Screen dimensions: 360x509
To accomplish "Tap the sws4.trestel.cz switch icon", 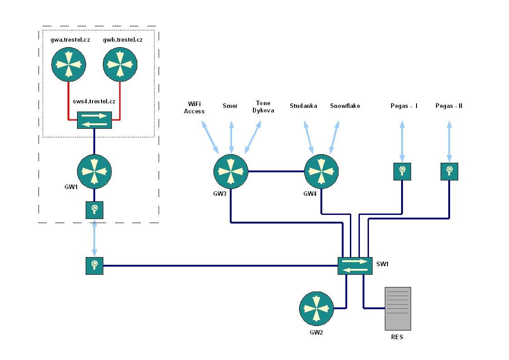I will pyautogui.click(x=94, y=120).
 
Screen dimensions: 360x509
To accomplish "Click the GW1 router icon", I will pyautogui.click(x=94, y=171).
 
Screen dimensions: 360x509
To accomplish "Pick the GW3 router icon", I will pyautogui.click(x=231, y=171).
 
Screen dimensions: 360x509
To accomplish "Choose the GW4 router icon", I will pyautogui.click(x=321, y=171).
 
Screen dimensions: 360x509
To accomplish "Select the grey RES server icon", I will pyautogui.click(x=398, y=309).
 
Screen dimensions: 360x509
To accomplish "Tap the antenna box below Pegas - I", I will pyautogui.click(x=402, y=172).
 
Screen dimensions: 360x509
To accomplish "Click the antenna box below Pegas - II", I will pyautogui.click(x=449, y=172).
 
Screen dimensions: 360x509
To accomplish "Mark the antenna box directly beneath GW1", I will pyautogui.click(x=94, y=210).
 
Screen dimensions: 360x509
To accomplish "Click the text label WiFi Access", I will pyautogui.click(x=194, y=108).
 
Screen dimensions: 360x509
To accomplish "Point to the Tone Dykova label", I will pyautogui.click(x=263, y=107).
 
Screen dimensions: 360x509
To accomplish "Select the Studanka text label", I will pyautogui.click(x=303, y=106).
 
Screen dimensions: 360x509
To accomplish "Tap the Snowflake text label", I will pyautogui.click(x=345, y=106).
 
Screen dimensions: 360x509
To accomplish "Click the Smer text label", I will pyautogui.click(x=230, y=106).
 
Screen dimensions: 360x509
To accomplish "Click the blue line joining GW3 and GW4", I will pyautogui.click(x=276, y=171).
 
